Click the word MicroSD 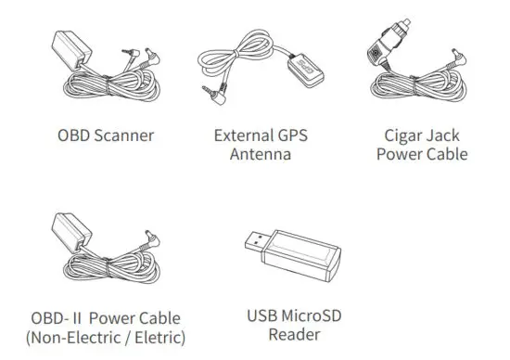click(312, 315)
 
